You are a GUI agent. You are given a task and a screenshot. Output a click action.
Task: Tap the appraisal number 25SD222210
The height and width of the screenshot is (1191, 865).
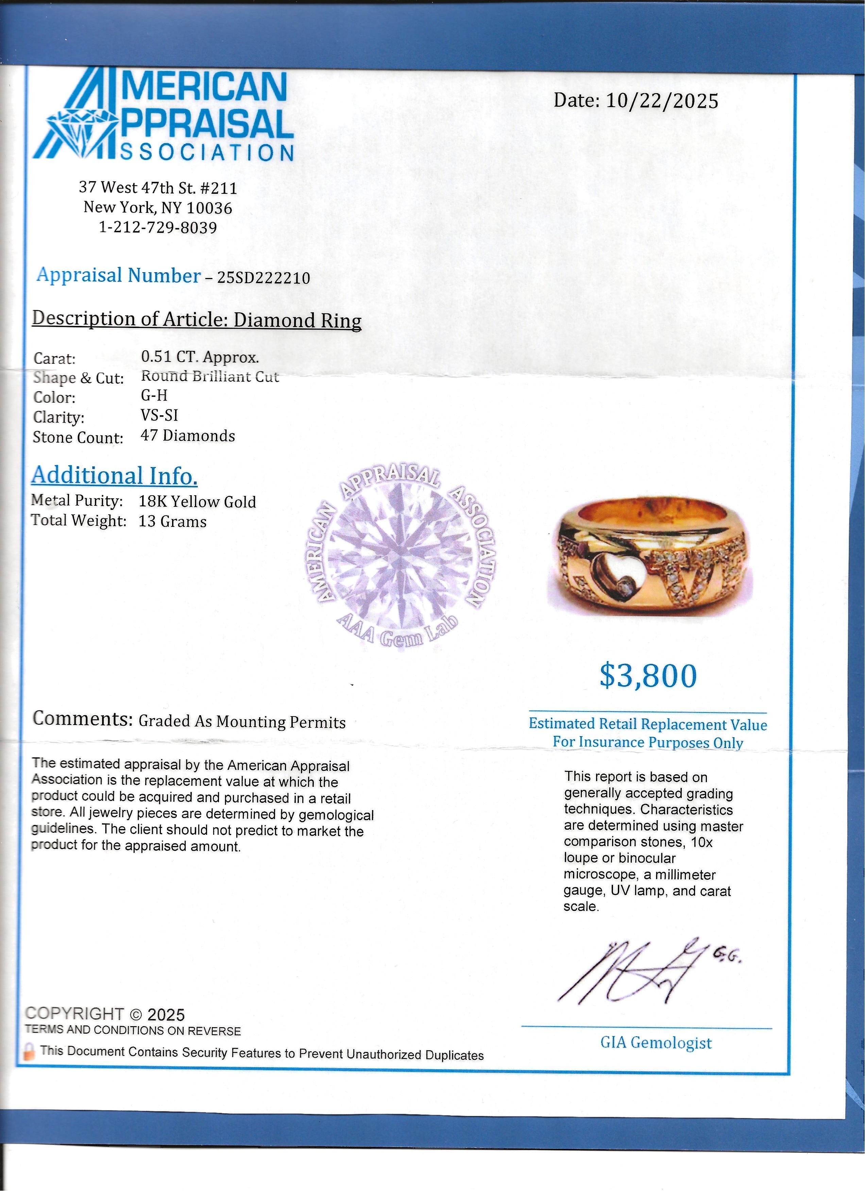pos(263,277)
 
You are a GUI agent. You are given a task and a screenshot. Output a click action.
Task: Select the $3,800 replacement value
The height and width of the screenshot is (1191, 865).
pos(648,676)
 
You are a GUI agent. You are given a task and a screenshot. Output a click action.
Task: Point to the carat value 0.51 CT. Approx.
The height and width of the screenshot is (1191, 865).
pos(200,357)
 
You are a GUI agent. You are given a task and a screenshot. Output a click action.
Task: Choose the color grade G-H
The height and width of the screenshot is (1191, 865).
pos(154,395)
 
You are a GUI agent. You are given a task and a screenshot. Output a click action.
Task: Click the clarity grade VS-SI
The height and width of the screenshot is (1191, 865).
pos(159,415)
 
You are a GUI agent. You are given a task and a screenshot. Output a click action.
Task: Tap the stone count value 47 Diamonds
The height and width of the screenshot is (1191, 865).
pos(187,436)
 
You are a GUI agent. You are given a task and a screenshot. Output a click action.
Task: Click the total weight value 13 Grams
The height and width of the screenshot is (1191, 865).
pos(172,521)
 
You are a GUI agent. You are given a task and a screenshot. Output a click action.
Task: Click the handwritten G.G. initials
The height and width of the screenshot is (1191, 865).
pos(727,957)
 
